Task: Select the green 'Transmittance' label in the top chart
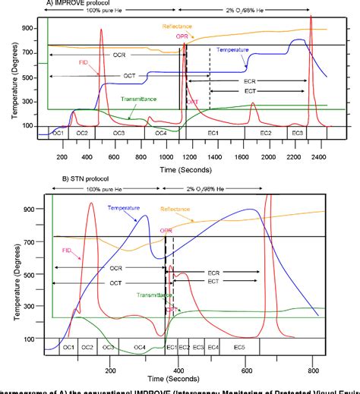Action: click(x=142, y=99)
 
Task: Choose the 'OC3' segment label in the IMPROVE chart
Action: click(x=119, y=133)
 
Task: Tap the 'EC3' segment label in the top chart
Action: click(x=298, y=133)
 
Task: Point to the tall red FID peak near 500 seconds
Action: click(x=102, y=30)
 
